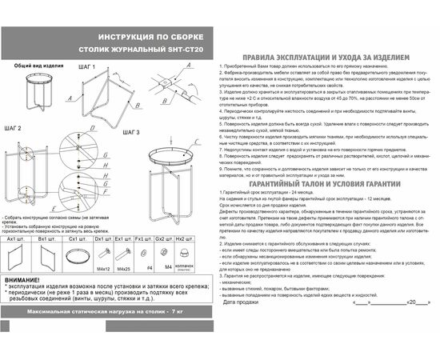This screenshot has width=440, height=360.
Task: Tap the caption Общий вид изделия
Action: pyautogui.click(x=31, y=64)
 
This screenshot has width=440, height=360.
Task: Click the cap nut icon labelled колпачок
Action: pyautogui.click(x=185, y=255)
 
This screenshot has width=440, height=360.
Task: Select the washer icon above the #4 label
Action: pyautogui.click(x=146, y=255)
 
